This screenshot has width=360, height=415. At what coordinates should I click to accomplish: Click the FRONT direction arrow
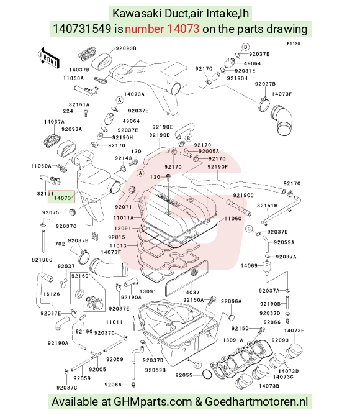pyautogui.click(x=48, y=58)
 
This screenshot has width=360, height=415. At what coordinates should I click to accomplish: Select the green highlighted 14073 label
pyautogui.click(x=61, y=197)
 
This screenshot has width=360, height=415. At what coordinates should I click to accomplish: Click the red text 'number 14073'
pyautogui.click(x=162, y=29)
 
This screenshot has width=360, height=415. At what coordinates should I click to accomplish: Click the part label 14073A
pyautogui.click(x=134, y=94)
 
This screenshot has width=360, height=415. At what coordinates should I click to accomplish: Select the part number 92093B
pyautogui.click(x=126, y=48)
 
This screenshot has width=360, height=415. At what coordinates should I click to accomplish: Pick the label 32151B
pyautogui.click(x=267, y=206)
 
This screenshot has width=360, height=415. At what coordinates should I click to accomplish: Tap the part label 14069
pyautogui.click(x=249, y=265)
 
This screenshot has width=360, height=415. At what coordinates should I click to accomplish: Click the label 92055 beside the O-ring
pyautogui.click(x=184, y=375)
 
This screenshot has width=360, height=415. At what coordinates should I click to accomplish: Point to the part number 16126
pyautogui.click(x=52, y=294)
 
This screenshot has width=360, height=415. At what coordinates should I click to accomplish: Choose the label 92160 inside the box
pyautogui.click(x=80, y=276)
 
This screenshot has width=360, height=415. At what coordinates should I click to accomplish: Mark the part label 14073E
pyautogui.click(x=294, y=331)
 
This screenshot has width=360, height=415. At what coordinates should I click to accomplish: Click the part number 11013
pyautogui.click(x=118, y=245)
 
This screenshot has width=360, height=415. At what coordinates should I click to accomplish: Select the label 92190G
pyautogui.click(x=42, y=260)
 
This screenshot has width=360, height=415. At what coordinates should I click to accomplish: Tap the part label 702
pyautogui.click(x=60, y=244)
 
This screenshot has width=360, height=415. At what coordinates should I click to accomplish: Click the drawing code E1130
pyautogui.click(x=294, y=43)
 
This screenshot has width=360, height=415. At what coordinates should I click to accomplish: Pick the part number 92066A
pyautogui.click(x=231, y=301)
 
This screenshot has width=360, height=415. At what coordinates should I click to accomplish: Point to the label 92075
pyautogui.click(x=50, y=212)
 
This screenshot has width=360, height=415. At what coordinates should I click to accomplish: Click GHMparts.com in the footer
pyautogui.click(x=153, y=402)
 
